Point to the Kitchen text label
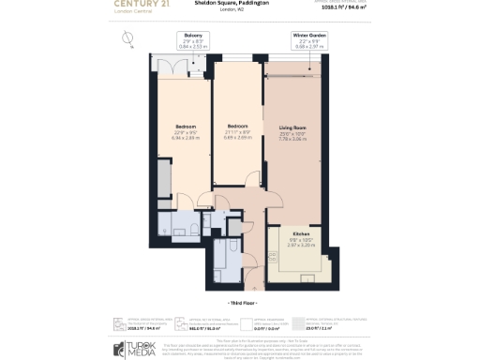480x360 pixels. click(301, 234)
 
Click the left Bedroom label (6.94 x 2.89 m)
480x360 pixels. click(185, 129)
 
